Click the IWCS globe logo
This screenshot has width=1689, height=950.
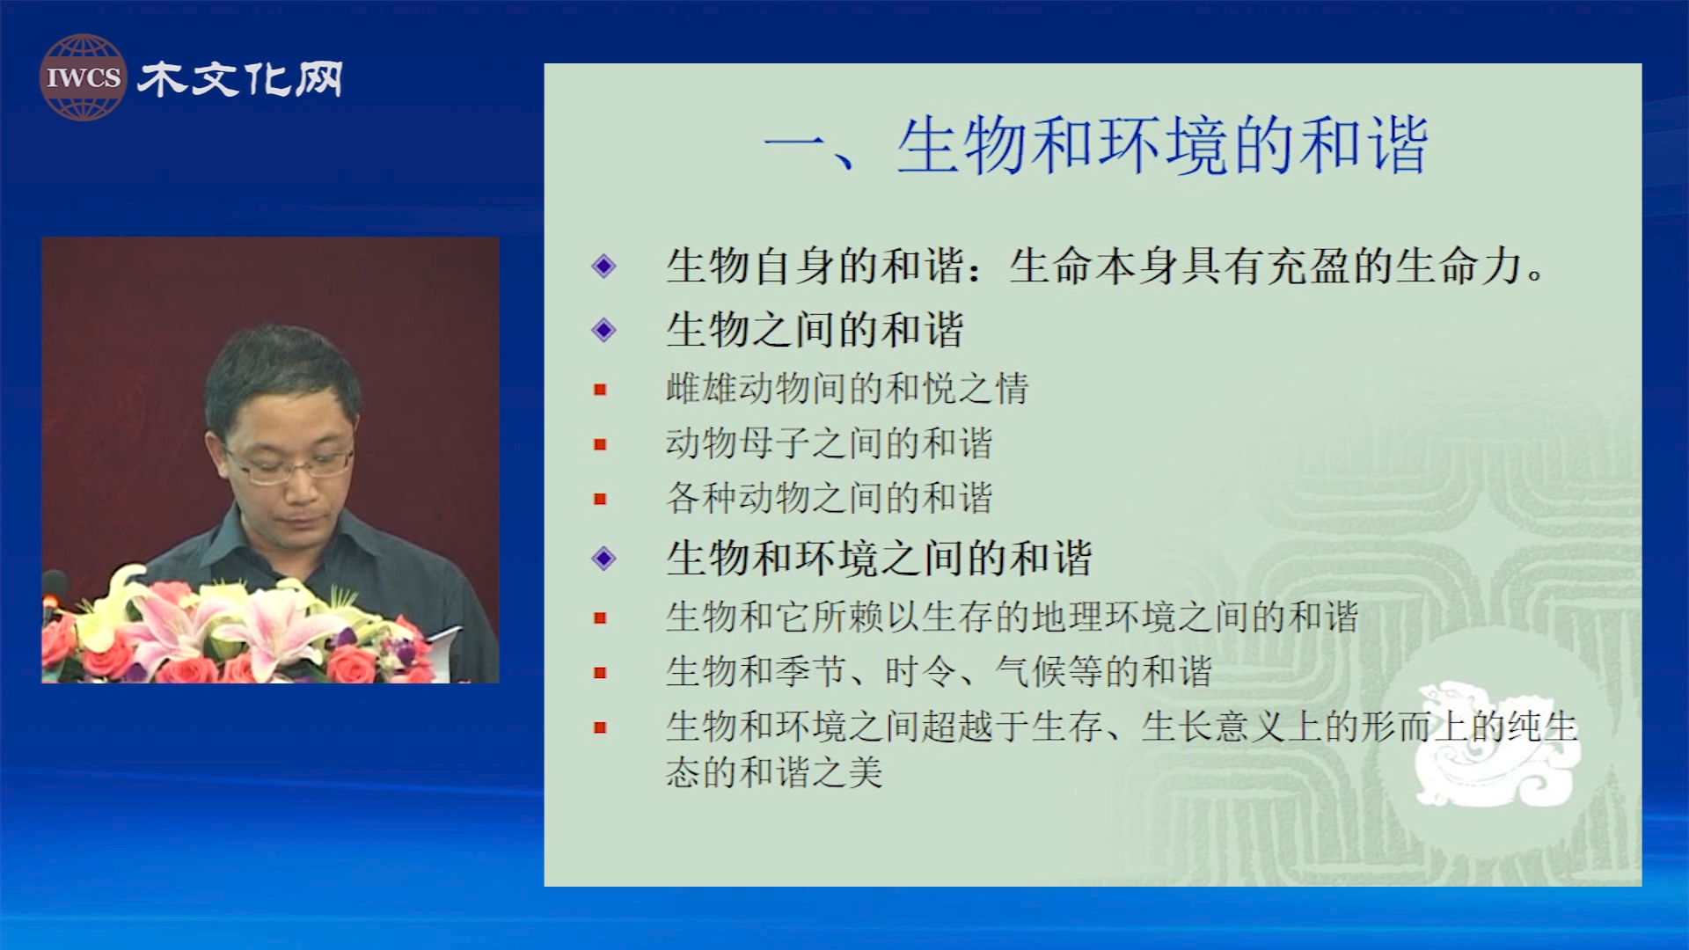coord(83,77)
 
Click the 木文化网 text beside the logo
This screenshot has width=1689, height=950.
coord(240,79)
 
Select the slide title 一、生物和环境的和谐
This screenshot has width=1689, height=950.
coord(1095,145)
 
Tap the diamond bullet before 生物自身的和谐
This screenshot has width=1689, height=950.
coord(603,266)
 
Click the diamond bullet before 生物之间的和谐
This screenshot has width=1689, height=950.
coord(603,330)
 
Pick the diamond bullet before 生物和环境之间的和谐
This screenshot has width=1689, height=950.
coord(603,558)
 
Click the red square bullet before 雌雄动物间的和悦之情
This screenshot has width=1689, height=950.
coord(600,390)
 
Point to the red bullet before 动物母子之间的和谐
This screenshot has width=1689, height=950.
coord(600,444)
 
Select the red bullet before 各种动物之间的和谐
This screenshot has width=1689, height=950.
coord(600,499)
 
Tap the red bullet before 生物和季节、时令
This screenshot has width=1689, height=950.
coord(600,673)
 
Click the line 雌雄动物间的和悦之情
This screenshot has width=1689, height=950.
coord(847,388)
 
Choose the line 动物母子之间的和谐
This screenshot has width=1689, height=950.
coord(829,442)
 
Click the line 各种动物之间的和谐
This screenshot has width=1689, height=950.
coord(829,498)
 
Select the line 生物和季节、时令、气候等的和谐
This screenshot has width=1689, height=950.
coord(939,672)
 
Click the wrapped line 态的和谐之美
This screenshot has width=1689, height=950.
coord(774,772)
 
